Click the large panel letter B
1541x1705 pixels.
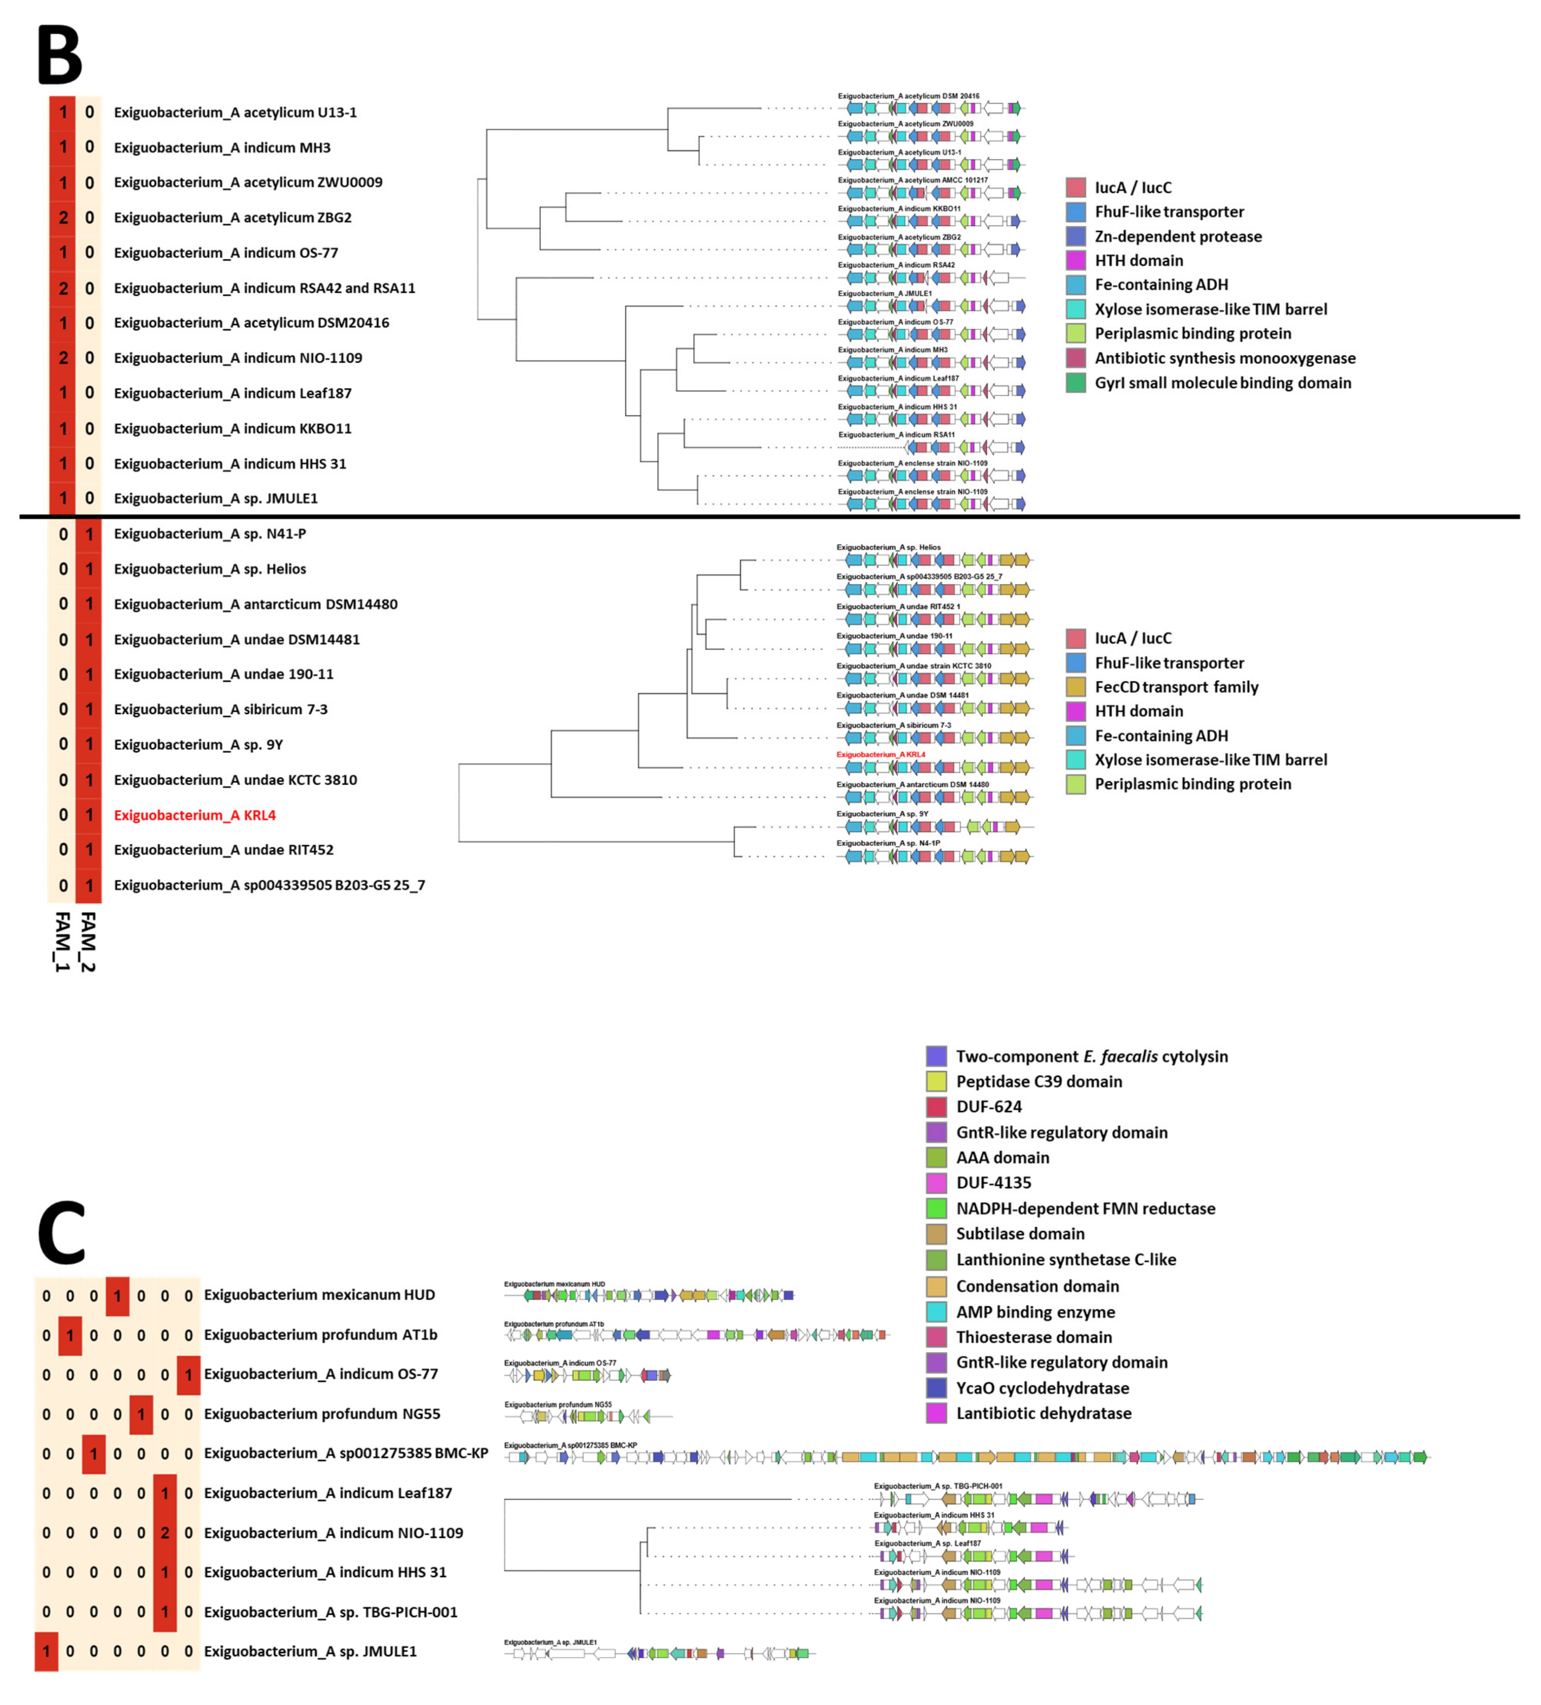[x=59, y=55]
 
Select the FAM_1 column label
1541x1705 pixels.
[x=62, y=940]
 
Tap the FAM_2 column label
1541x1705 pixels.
[x=88, y=940]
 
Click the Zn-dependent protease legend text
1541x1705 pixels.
[x=1177, y=237]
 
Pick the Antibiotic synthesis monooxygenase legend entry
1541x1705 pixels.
[x=1224, y=359]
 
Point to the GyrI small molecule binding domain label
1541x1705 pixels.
[x=1222, y=383]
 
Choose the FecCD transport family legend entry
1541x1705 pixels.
[x=1175, y=687]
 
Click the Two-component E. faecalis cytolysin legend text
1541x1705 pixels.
[x=1091, y=1056]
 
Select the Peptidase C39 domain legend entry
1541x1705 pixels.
[x=1039, y=1082]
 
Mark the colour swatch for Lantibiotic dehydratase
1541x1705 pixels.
[x=936, y=1413]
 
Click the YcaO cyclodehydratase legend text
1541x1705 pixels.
[x=1042, y=1388]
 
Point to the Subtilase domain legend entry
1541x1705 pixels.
[x=1020, y=1234]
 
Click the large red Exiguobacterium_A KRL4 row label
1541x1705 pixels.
[x=194, y=815]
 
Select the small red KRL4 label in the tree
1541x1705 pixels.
[x=881, y=754]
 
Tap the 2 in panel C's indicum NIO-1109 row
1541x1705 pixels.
[x=165, y=1533]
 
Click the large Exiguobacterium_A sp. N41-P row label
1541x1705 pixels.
[x=210, y=533]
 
